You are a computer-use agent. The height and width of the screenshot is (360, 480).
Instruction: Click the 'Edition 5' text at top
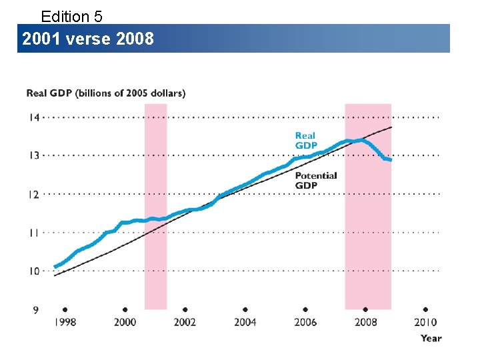click(71, 15)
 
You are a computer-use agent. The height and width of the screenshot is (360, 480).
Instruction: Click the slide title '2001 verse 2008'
click(88, 39)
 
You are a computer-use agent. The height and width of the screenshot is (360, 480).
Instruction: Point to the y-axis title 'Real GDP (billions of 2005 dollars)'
click(105, 93)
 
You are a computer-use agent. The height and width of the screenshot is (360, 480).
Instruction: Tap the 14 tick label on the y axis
click(33, 117)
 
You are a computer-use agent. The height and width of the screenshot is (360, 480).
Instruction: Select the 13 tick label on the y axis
click(33, 155)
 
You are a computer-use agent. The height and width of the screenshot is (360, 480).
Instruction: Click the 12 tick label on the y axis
click(33, 194)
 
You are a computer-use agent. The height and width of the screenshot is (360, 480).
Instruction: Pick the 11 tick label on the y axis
click(33, 233)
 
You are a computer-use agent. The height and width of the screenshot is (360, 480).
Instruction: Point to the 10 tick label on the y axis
click(33, 271)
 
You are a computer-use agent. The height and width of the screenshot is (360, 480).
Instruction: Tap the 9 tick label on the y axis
click(35, 309)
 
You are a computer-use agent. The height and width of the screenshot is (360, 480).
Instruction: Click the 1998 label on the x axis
click(65, 323)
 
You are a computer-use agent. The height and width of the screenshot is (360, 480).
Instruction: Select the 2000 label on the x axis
click(125, 323)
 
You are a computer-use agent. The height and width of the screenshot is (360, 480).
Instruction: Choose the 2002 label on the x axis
click(185, 323)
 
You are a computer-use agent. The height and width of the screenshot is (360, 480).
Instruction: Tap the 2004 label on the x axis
click(245, 323)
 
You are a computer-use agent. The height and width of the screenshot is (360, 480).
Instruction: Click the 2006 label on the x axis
click(305, 323)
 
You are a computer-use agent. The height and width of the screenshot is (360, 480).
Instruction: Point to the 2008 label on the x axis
click(365, 323)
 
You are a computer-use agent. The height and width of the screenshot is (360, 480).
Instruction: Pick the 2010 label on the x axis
click(425, 323)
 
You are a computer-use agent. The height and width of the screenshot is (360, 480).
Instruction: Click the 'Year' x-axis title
click(431, 338)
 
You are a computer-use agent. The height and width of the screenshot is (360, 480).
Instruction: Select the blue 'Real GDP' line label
click(306, 141)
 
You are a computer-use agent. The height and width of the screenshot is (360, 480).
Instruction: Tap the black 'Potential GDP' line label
click(316, 180)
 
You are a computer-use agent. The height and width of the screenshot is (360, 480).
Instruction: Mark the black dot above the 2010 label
click(425, 310)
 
